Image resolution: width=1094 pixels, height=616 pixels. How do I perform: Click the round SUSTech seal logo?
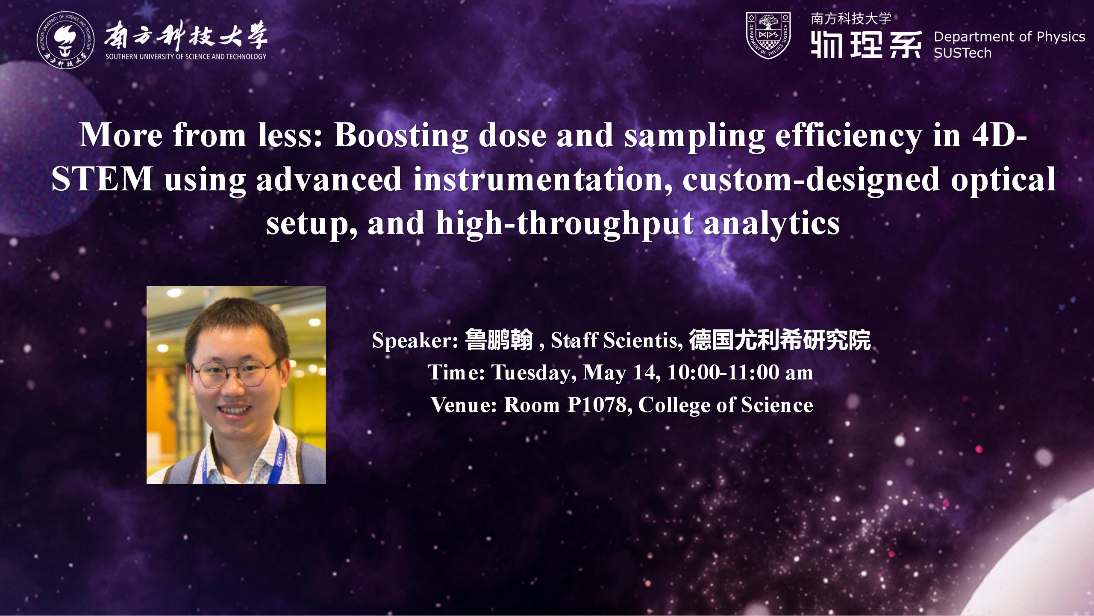[66, 41]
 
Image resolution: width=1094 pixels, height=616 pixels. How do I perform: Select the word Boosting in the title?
[401, 135]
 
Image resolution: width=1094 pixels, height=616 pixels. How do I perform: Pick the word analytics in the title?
[771, 223]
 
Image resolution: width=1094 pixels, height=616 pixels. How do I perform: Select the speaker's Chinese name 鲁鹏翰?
[499, 341]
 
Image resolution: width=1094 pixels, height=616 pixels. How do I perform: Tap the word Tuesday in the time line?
[531, 373]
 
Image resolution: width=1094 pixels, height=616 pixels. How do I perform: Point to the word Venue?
[463, 405]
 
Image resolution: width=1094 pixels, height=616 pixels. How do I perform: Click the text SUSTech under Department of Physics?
[962, 53]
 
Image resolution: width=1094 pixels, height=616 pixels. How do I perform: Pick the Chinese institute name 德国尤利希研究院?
[780, 341]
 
